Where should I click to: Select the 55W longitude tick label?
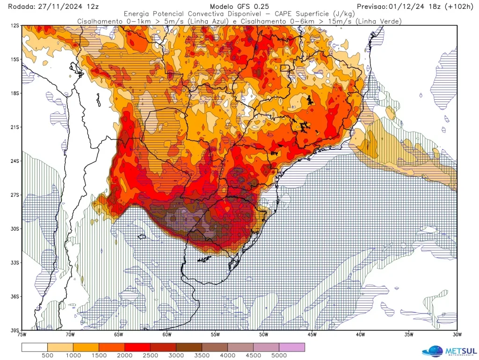coord(215,335)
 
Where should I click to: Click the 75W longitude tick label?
coord(22,335)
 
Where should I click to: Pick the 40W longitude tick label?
coord(360,335)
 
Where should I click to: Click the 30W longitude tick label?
coord(457,335)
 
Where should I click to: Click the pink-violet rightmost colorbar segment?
coord(291,347)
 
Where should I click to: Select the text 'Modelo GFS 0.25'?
coord(239,7)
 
